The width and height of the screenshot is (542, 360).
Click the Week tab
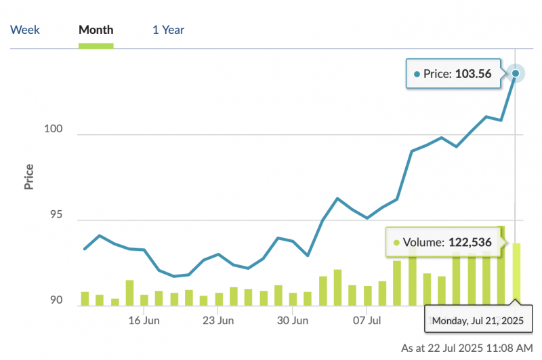[x=25, y=30]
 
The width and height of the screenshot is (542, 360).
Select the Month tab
[x=96, y=30]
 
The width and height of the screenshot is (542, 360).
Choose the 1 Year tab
[x=169, y=30]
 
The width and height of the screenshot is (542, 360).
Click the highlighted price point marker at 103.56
[x=516, y=73]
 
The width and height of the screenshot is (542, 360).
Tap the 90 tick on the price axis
[x=58, y=300]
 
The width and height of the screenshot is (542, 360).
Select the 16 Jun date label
[x=144, y=320]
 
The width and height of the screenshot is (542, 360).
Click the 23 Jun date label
[x=218, y=320]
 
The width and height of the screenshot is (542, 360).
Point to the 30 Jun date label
[x=293, y=320]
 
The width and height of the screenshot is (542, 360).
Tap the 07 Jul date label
[x=369, y=320]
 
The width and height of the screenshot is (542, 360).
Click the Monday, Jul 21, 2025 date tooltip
[x=478, y=320]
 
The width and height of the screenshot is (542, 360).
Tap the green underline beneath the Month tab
[x=96, y=45]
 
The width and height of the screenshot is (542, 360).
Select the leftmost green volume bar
[x=85, y=298]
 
